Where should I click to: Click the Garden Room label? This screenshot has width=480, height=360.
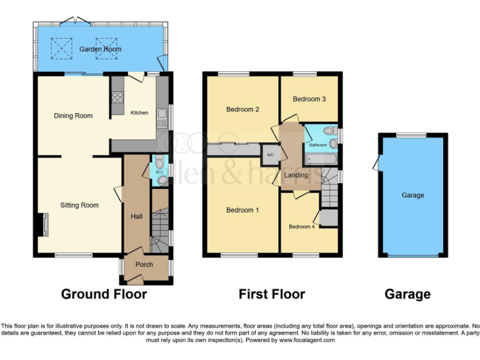pos(100,49)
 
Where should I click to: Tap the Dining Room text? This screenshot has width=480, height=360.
pos(73,116)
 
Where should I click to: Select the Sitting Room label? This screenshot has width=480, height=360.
pos(79,205)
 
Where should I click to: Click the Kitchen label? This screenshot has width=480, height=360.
pos(139,113)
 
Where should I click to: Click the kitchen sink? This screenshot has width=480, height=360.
pos(162,114)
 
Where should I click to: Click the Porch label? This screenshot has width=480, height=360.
pos(144,264)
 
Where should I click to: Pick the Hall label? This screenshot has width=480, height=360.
pos(136,216)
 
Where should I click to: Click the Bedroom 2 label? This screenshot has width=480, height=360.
pos(242,109)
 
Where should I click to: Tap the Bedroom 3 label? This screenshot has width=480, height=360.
pos(309,99)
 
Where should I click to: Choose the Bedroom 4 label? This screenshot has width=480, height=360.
pos(302,226)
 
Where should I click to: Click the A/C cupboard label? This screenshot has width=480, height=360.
pos(271,154)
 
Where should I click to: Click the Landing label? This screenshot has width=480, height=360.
pos(296,175)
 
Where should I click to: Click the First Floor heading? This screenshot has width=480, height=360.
pos(272,294)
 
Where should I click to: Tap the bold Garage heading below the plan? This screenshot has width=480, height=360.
pos(407,294)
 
